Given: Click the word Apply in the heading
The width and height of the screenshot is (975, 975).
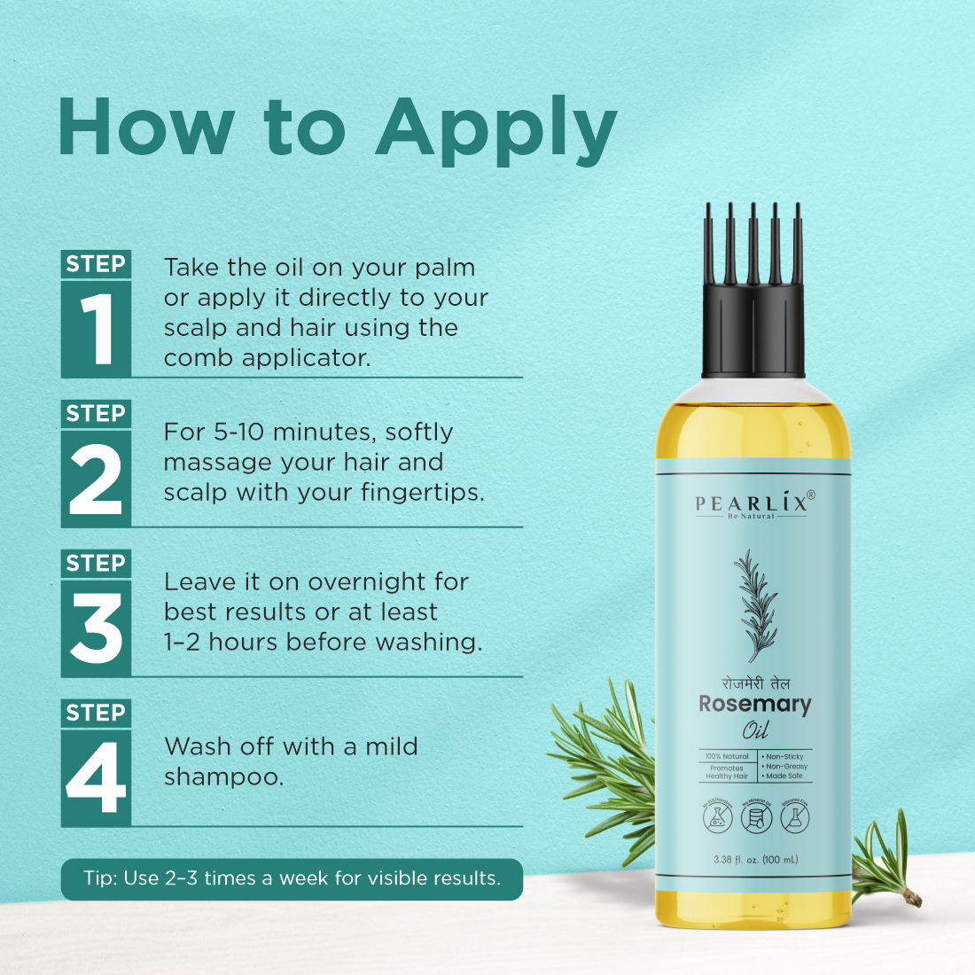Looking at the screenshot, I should [x=495, y=129].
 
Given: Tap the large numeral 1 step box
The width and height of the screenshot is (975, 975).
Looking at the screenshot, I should [x=96, y=329].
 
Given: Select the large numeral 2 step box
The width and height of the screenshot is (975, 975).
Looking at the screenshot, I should [x=96, y=479].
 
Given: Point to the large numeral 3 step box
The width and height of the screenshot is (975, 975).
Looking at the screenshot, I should [x=96, y=628].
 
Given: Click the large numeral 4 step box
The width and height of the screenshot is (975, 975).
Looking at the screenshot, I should [x=96, y=778].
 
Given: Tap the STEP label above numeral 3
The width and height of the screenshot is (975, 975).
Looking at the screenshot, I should [x=96, y=564].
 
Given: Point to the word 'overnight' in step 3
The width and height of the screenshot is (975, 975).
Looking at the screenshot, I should [x=367, y=582].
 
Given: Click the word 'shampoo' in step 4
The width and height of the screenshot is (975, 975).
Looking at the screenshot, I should [x=223, y=777].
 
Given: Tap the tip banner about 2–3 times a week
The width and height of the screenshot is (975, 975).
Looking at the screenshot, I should [x=292, y=878].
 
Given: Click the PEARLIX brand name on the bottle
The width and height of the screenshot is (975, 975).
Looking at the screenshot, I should [x=752, y=503].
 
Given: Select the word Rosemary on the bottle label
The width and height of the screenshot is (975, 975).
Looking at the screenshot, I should [x=754, y=705].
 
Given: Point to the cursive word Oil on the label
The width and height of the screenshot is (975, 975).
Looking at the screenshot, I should [x=755, y=731].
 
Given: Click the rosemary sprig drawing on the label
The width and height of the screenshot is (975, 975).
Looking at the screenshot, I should [x=756, y=603].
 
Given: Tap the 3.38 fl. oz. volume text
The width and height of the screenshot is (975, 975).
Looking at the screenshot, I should [x=755, y=859].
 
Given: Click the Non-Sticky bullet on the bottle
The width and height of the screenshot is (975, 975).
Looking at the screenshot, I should [x=784, y=757].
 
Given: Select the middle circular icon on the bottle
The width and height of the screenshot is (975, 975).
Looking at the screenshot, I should [x=756, y=817].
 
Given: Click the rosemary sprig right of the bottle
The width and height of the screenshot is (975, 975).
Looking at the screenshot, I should [x=882, y=860].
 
